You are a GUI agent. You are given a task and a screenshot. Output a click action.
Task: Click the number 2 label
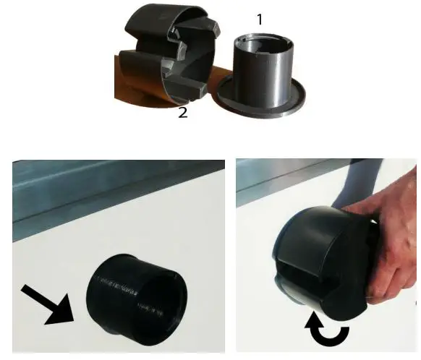click(x=183, y=113)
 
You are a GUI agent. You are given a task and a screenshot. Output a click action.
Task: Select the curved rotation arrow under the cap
click(x=330, y=332)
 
